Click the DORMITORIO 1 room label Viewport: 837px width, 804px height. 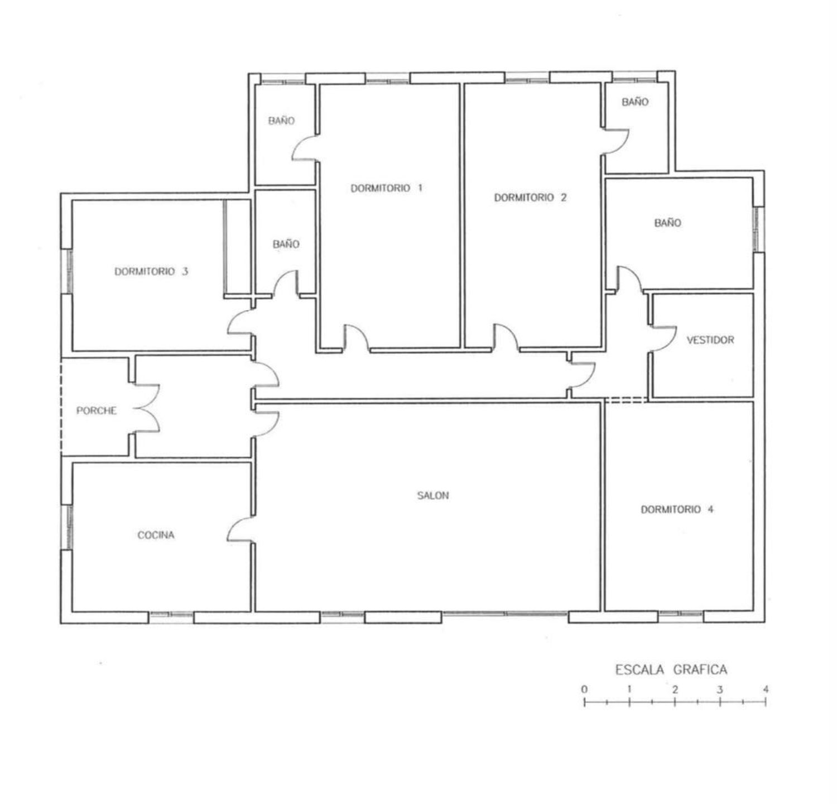pyautogui.click(x=386, y=188)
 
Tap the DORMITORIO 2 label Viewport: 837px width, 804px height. pyautogui.click(x=530, y=198)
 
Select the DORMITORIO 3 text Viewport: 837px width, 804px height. pyautogui.click(x=151, y=272)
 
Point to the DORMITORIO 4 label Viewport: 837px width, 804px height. pyautogui.click(x=677, y=509)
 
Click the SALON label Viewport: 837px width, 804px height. pyautogui.click(x=433, y=495)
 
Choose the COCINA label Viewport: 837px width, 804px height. pyautogui.click(x=156, y=535)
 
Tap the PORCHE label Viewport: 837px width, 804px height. pyautogui.click(x=97, y=410)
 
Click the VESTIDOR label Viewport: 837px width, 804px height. pyautogui.click(x=710, y=339)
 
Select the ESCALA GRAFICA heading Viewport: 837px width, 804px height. pyautogui.click(x=671, y=669)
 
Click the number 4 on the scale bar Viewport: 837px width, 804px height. pyautogui.click(x=766, y=690)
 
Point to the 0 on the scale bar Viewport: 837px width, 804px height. pyautogui.click(x=584, y=690)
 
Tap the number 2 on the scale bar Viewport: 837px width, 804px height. pyautogui.click(x=675, y=690)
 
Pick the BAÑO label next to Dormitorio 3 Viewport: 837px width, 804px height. pyautogui.click(x=286, y=244)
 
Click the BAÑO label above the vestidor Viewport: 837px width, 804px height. pyautogui.click(x=668, y=223)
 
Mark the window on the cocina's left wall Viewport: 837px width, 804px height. pyautogui.click(x=67, y=527)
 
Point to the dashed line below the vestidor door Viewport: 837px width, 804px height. pyautogui.click(x=626, y=399)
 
